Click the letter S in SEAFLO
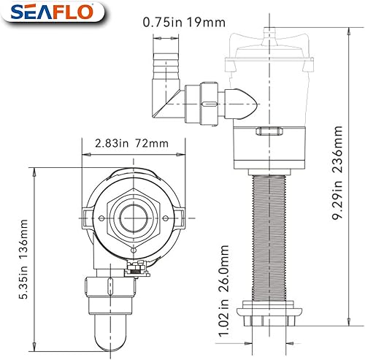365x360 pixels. click(14, 14)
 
